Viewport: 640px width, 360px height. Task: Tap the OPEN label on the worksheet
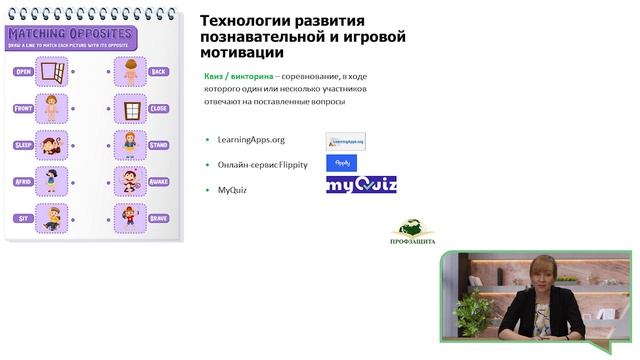click(24, 72)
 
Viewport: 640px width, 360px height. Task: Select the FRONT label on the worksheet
click(24, 108)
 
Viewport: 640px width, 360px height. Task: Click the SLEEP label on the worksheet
click(24, 144)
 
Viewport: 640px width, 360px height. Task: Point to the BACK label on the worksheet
click(158, 72)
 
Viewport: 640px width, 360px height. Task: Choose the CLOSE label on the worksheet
click(158, 108)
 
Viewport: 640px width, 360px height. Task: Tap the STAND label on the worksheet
click(158, 144)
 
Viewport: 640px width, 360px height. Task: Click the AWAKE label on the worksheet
click(158, 181)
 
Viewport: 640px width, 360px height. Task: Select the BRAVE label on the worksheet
click(158, 216)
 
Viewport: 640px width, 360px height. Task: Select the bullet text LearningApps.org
click(246, 140)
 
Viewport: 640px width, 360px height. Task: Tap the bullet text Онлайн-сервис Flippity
click(260, 162)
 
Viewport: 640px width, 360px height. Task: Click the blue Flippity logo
click(342, 162)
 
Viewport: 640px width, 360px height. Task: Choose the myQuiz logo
click(361, 185)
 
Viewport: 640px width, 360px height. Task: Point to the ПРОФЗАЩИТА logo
click(411, 233)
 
